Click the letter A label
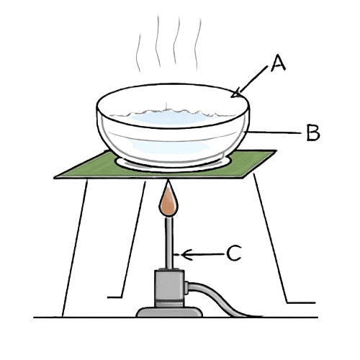click(x=278, y=66)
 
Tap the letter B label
click(x=312, y=132)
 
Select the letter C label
click(x=234, y=253)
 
